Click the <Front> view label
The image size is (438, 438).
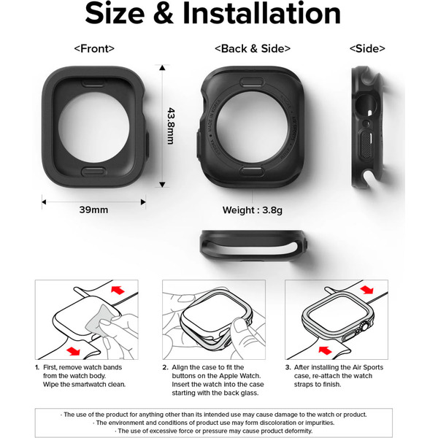pyautogui.click(x=94, y=49)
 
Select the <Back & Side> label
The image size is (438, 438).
pyautogui.click(x=252, y=49)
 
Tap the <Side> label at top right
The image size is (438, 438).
pyautogui.click(x=367, y=49)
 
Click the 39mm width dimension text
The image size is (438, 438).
pyautogui.click(x=93, y=210)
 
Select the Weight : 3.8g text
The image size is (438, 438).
pyautogui.click(x=252, y=211)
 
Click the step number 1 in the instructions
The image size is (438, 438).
pyautogui.click(x=37, y=367)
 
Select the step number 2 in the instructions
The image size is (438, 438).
pyautogui.click(x=165, y=367)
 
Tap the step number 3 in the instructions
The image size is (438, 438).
pyautogui.click(x=288, y=367)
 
